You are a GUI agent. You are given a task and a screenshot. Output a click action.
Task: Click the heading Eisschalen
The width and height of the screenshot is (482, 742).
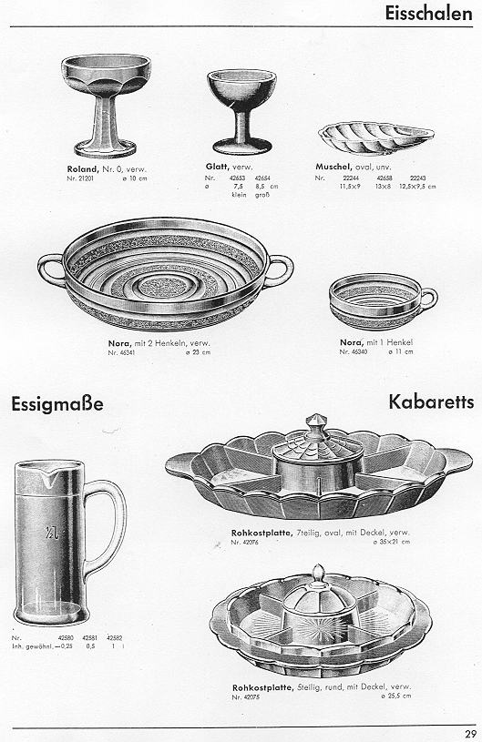click(x=428, y=14)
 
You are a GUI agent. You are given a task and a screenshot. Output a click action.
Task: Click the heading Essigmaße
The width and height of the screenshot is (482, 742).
click(x=57, y=402)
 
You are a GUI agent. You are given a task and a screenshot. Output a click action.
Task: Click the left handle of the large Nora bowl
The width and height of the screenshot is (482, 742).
click(x=50, y=269)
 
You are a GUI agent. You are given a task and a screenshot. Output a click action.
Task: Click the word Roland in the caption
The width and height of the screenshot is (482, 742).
click(x=81, y=169)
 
